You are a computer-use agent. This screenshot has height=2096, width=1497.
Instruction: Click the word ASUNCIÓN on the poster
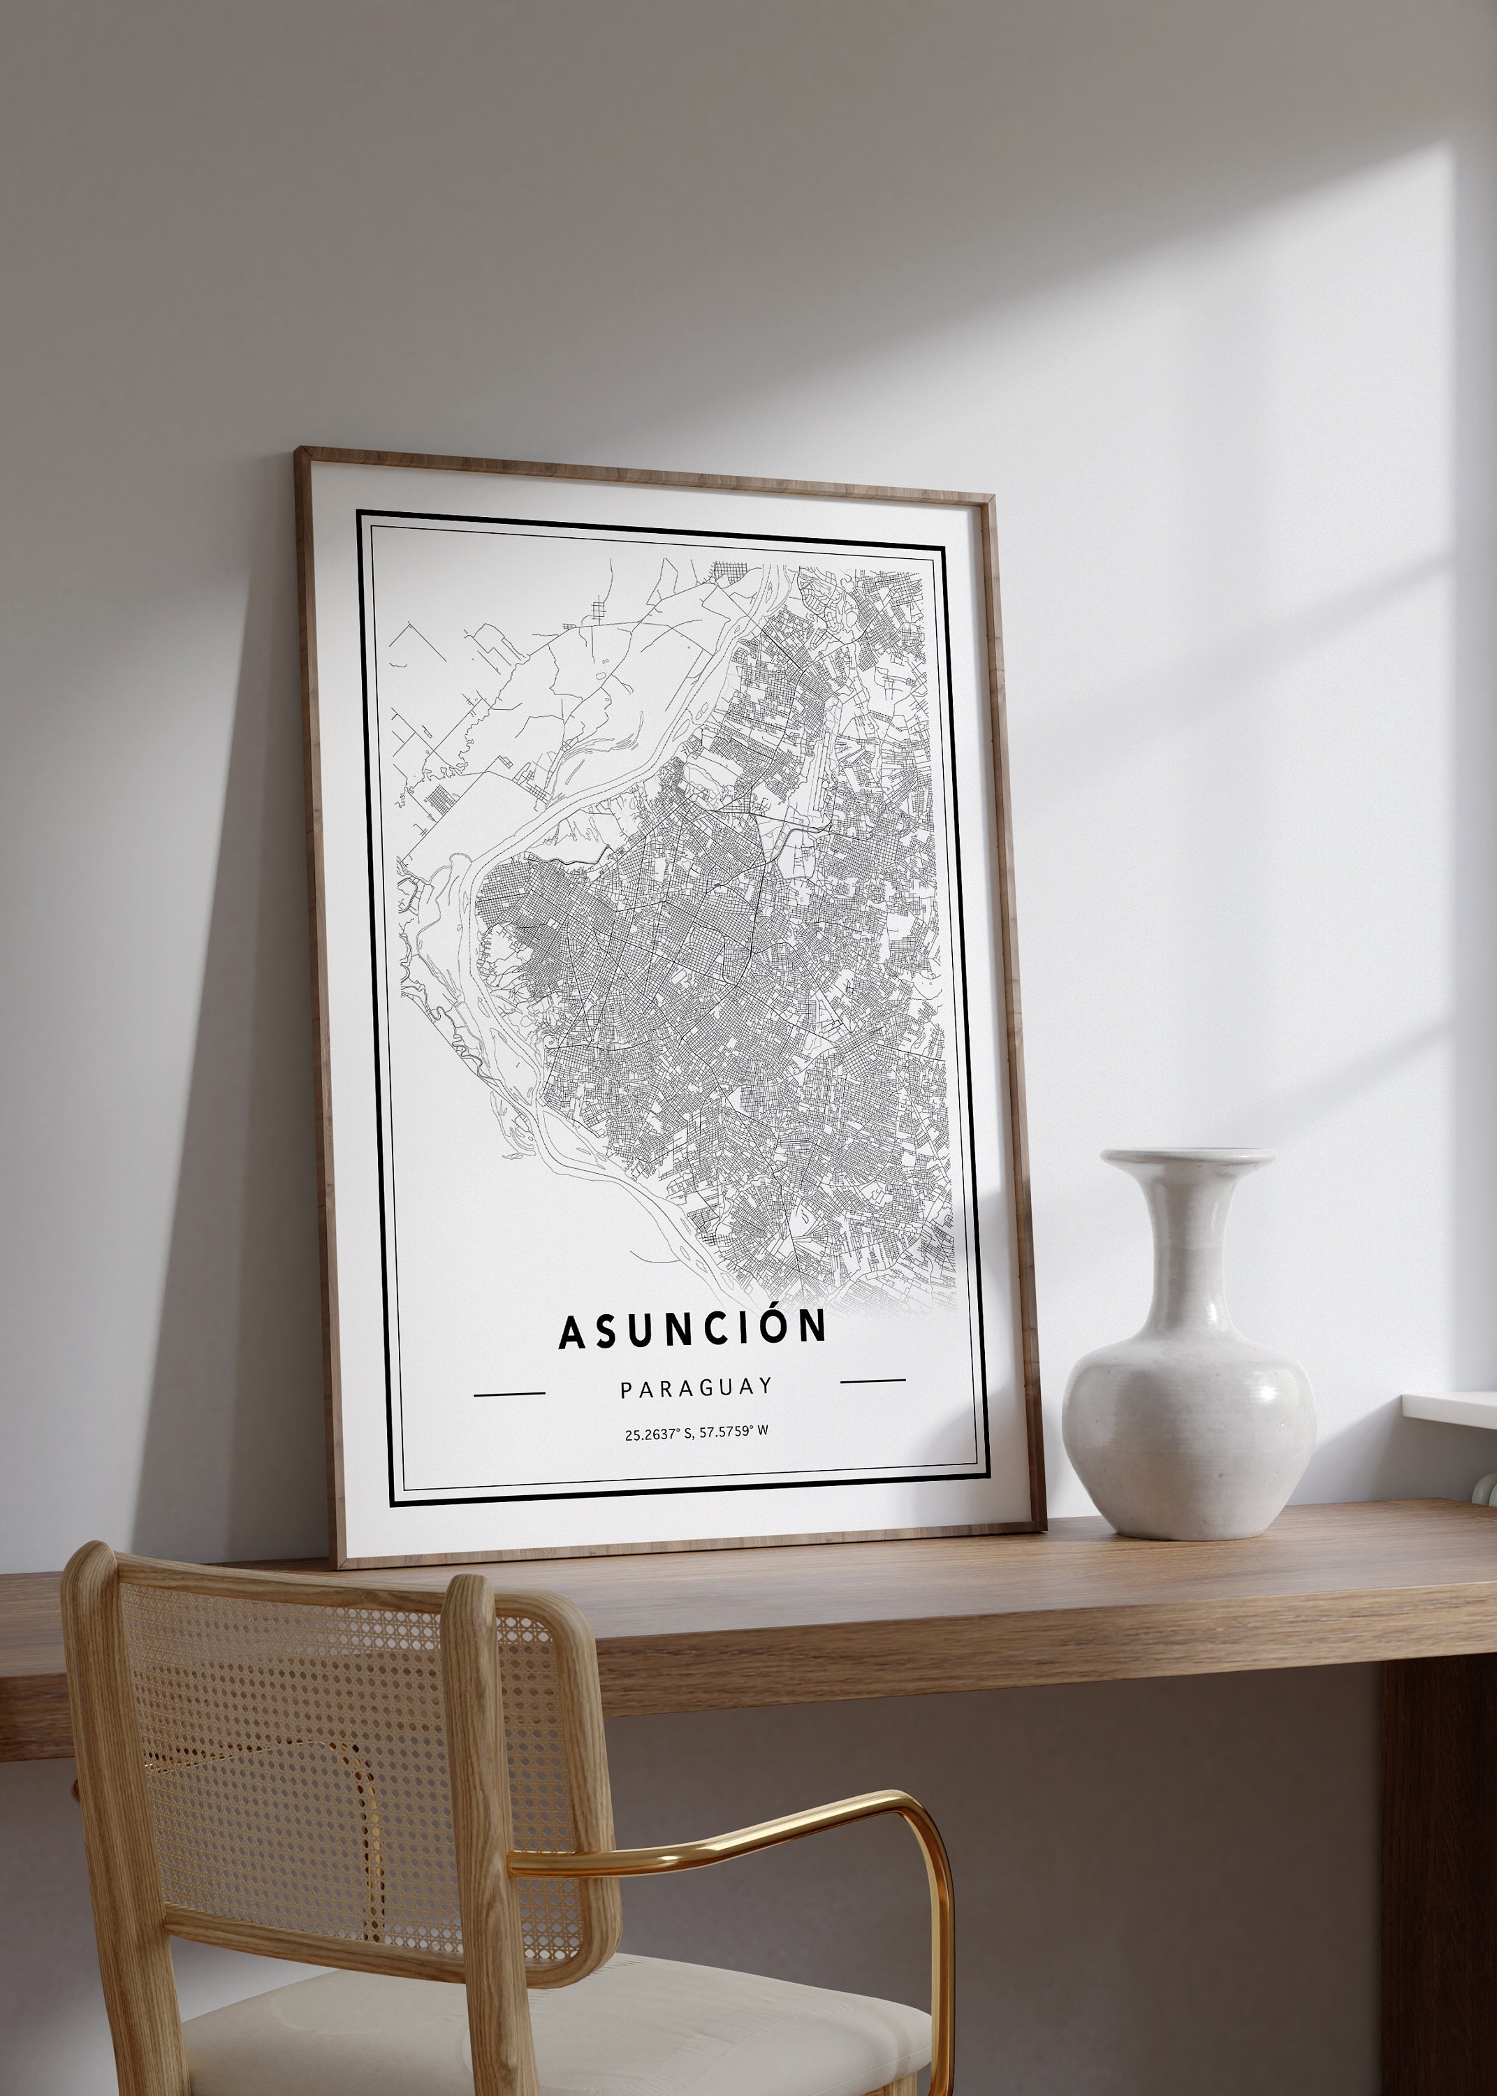click(692, 1328)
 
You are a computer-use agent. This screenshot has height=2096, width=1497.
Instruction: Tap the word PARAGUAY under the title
click(696, 1388)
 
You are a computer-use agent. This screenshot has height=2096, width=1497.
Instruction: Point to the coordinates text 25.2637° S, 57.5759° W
click(696, 1432)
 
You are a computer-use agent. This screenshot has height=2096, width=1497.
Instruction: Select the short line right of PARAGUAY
click(873, 1381)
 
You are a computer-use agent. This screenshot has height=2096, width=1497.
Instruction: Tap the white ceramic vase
click(1189, 1410)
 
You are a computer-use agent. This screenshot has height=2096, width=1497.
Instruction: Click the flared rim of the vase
click(1188, 1157)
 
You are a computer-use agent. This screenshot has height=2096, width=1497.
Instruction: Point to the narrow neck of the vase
click(1188, 1235)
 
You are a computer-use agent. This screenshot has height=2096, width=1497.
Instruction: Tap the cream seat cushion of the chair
click(553, 2028)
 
